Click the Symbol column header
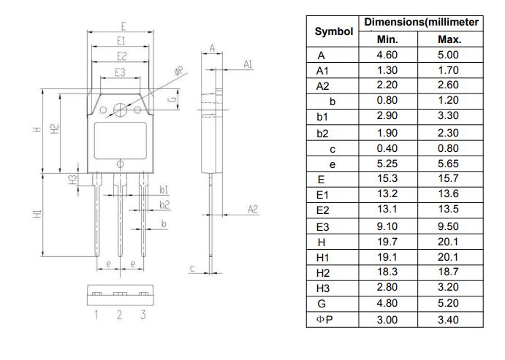click(333, 31)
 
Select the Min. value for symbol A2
click(387, 85)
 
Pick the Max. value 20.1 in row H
click(448, 242)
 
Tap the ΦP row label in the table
click(324, 319)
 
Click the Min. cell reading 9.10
click(387, 226)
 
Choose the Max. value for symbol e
click(448, 164)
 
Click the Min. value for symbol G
click(387, 304)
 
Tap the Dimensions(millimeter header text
click(421, 23)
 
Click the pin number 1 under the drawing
click(96, 315)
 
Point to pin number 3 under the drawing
click(143, 315)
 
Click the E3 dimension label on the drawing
click(120, 72)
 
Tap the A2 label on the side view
click(253, 210)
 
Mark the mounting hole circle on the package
click(120, 110)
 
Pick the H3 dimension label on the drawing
click(73, 180)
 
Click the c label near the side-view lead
click(192, 269)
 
